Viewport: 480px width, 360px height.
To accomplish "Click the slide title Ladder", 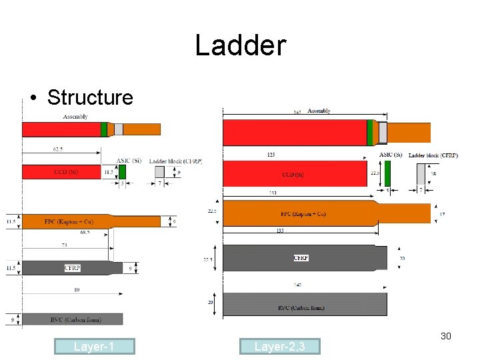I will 240,45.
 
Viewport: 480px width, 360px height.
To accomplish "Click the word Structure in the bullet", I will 90,97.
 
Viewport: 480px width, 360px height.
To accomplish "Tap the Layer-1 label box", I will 95,346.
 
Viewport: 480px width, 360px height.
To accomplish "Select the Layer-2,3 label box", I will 279,346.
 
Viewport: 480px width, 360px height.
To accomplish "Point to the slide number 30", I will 445,336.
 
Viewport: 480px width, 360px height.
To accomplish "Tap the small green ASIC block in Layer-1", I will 122,171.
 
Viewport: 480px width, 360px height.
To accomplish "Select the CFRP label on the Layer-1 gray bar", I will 72,268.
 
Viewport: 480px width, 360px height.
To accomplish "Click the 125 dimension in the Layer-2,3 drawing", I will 271,155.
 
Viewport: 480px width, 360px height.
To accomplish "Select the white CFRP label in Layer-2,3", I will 301,258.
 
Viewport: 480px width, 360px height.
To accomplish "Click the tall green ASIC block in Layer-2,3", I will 387,173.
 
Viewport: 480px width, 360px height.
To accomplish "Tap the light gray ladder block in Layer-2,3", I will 421,173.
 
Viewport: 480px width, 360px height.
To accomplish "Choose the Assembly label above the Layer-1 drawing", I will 76,117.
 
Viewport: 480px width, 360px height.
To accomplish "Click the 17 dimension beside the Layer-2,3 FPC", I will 443,213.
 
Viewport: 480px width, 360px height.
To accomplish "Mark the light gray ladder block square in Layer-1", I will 159,172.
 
